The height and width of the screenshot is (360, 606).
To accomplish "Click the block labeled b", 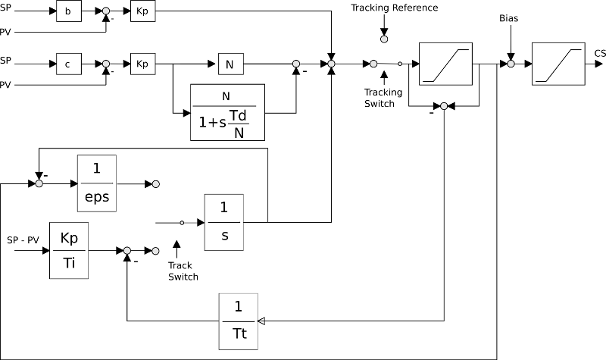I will (68, 12).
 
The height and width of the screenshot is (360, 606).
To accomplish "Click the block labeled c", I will (68, 64).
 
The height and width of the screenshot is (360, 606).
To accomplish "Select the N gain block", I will (230, 64).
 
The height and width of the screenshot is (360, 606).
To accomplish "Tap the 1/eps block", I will (97, 183).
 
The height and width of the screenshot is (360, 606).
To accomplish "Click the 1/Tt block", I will (238, 321).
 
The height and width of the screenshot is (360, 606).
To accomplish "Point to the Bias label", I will (509, 17).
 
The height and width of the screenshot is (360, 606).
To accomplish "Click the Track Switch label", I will (183, 271).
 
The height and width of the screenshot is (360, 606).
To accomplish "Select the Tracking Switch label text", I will (379, 98).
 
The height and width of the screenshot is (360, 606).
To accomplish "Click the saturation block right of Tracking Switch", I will (444, 63).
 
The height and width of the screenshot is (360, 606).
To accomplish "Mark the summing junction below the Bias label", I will (510, 64).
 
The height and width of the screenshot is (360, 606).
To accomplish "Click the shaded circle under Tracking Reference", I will (383, 37).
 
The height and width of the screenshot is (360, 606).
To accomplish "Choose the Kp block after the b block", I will (142, 12).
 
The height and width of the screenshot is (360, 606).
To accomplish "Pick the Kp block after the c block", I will (142, 64).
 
